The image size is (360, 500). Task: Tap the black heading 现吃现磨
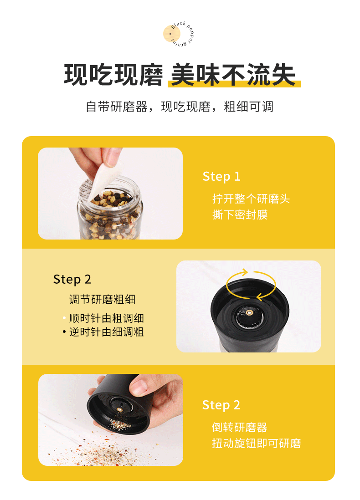[x=113, y=75]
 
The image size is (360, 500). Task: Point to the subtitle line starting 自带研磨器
[x=180, y=107]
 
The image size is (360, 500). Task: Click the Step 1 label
[x=221, y=176]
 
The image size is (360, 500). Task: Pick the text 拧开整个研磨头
[x=251, y=199]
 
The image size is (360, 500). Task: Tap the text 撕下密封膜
[x=240, y=214]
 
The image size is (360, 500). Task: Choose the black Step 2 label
[x=72, y=279]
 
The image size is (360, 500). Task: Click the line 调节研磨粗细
[x=102, y=300]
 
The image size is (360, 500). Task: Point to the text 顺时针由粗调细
[x=106, y=318]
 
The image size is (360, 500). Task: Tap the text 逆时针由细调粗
[x=106, y=332]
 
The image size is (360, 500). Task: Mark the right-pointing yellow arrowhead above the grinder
[x=245, y=272]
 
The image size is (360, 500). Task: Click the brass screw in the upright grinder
[x=249, y=312]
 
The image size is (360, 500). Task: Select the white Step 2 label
[x=221, y=405]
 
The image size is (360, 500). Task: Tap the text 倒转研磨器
[x=239, y=427]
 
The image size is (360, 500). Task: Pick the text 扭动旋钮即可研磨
[x=256, y=443]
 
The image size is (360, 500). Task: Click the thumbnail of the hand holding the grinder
[x=110, y=420]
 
